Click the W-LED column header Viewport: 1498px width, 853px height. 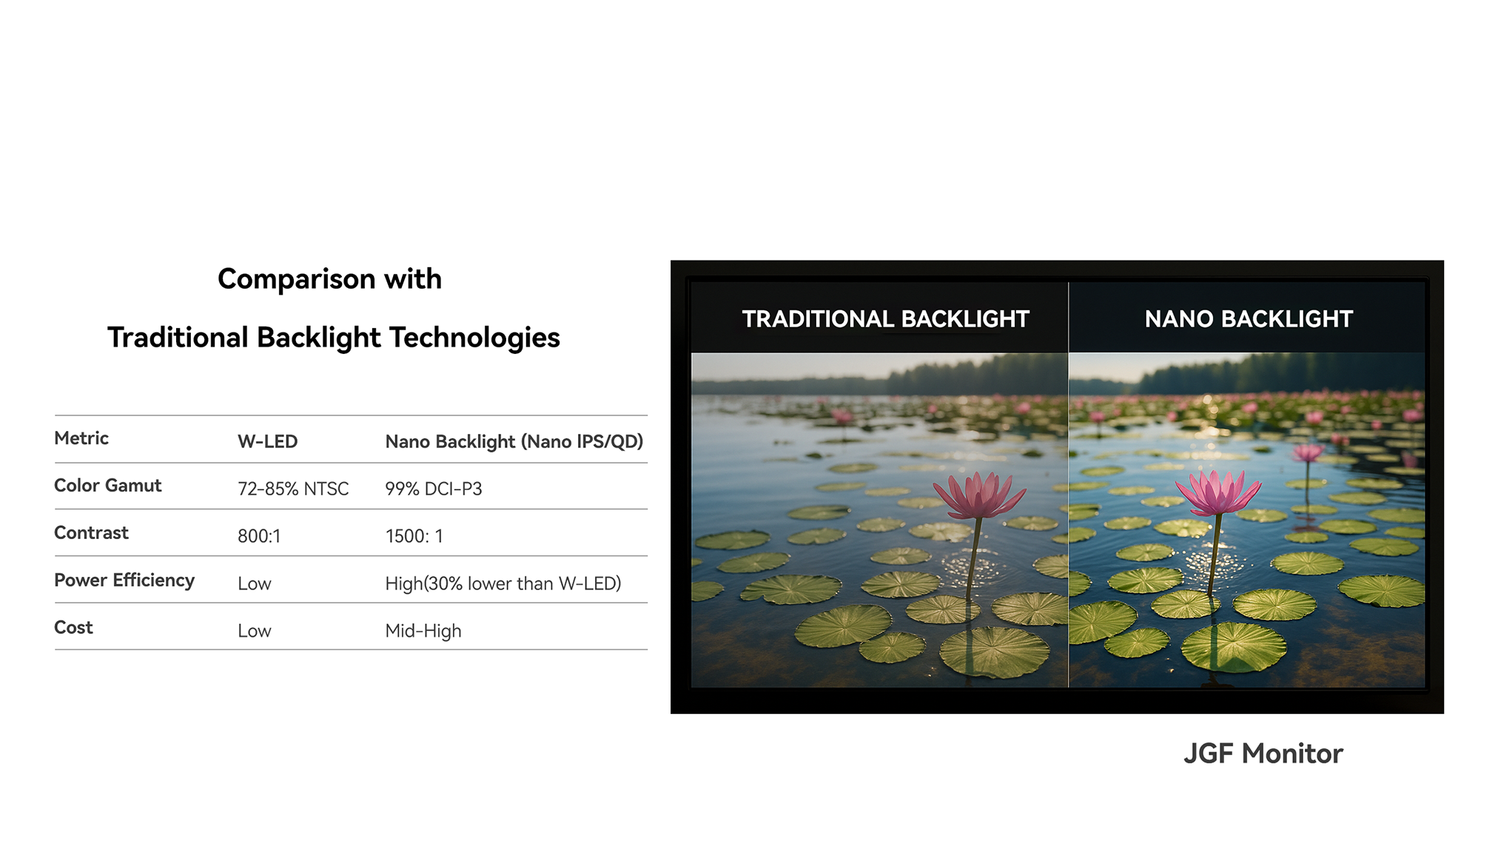click(267, 442)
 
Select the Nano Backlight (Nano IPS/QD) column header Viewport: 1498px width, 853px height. click(514, 442)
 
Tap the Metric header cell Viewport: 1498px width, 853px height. click(81, 438)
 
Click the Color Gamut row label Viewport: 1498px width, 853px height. click(108, 486)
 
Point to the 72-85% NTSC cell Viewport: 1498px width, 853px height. click(293, 489)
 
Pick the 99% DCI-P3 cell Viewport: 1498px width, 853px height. click(434, 489)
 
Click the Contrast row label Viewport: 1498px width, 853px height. click(92, 533)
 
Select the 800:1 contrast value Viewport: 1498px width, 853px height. click(259, 536)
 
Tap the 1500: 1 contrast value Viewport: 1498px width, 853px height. click(414, 536)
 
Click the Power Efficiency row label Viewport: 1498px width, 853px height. click(124, 581)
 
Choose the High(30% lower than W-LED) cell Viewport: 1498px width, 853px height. click(503, 583)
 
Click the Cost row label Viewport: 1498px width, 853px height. click(74, 628)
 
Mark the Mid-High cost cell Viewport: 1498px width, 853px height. click(423, 631)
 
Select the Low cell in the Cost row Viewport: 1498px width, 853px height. click(255, 631)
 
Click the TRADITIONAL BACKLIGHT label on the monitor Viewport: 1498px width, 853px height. click(886, 319)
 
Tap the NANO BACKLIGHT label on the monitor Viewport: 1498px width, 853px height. click(1249, 319)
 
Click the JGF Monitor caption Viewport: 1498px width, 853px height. click(1263, 754)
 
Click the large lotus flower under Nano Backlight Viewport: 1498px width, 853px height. click(1217, 492)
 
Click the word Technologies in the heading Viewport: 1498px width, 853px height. click(474, 338)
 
